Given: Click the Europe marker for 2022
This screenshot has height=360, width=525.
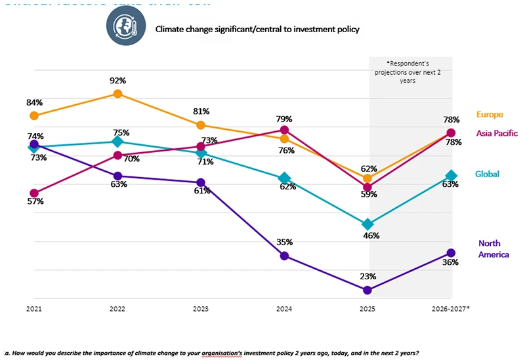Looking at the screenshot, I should [117, 94].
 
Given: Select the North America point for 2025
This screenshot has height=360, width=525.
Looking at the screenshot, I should [367, 290].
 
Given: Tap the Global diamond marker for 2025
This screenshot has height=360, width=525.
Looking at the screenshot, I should [367, 224].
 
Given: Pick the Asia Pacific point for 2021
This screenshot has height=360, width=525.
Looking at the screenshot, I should [34, 193].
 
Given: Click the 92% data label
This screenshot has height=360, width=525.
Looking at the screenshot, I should [117, 81].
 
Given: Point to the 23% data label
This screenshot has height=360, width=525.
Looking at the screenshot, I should [367, 276].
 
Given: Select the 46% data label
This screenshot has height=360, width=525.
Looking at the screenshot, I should [371, 235].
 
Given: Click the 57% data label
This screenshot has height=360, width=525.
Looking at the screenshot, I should [35, 201].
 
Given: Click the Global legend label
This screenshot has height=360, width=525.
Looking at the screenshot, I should [488, 174].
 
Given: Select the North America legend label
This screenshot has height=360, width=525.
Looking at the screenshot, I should [493, 249].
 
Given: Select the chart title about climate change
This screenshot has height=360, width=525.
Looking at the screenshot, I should [257, 30].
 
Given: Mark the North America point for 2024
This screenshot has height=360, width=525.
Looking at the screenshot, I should [284, 256].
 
